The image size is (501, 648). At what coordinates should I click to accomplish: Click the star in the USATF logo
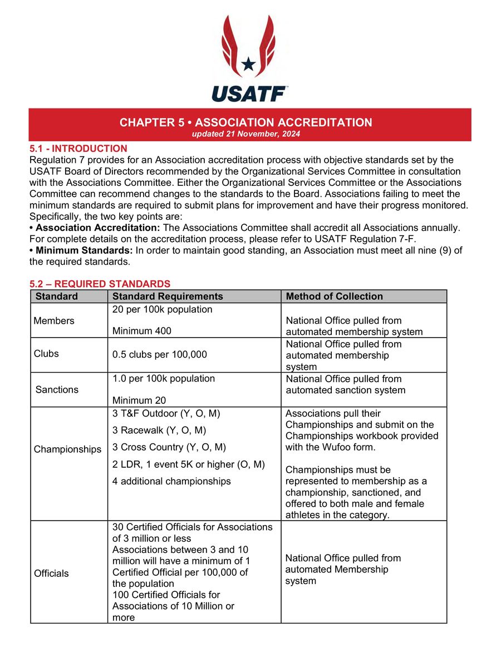[248, 64]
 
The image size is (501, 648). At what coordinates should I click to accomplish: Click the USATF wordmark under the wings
[249, 93]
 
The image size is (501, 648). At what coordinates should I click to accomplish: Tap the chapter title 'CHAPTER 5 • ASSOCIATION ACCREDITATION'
[245, 122]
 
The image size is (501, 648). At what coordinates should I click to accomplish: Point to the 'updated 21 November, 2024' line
[246, 135]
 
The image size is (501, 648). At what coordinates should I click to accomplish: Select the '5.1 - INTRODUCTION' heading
[78, 149]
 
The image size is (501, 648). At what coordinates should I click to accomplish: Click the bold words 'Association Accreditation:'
[97, 228]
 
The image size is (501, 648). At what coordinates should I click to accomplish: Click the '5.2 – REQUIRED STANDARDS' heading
[100, 284]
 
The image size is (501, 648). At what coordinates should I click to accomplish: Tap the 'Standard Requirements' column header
[167, 296]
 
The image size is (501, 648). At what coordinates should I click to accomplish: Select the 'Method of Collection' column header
[334, 296]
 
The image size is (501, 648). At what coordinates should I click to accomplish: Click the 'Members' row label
[53, 320]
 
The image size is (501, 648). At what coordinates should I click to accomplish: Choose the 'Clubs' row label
[46, 354]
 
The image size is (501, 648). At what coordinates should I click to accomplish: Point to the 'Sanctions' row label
[57, 389]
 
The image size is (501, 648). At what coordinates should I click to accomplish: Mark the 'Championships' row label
[67, 449]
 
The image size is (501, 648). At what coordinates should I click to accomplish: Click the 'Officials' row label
[51, 573]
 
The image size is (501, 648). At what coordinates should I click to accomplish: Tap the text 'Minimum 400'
[141, 331]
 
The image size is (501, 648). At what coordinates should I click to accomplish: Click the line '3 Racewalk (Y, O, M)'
[159, 430]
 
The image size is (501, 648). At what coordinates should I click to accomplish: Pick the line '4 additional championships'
[171, 481]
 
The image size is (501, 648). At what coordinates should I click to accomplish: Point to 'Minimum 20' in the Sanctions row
[139, 400]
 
